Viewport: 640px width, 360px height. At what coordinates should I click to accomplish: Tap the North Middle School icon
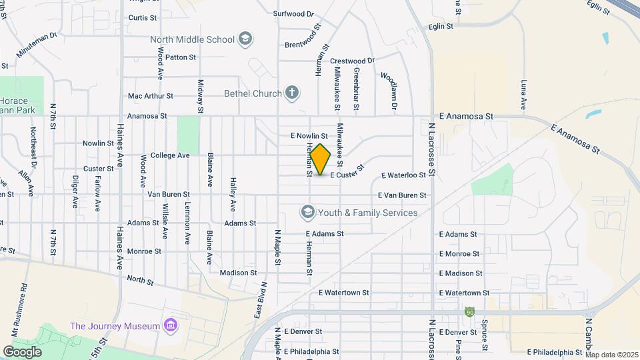[x=245, y=39]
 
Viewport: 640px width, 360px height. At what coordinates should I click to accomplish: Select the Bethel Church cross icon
[x=291, y=93]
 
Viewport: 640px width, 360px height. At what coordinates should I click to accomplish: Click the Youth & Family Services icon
[x=307, y=213]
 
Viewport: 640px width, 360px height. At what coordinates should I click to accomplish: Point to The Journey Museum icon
[x=172, y=326]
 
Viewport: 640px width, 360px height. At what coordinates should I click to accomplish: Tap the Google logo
[x=22, y=351]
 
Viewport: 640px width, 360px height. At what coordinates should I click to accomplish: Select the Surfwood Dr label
[x=293, y=13]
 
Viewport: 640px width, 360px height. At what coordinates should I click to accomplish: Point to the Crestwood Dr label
[x=353, y=60]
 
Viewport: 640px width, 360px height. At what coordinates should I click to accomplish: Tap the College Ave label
[x=170, y=155]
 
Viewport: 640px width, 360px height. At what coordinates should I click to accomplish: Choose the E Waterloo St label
[x=403, y=175]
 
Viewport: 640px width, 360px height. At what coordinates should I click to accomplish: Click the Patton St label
[x=180, y=57]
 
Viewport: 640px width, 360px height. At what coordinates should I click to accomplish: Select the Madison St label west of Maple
[x=238, y=273]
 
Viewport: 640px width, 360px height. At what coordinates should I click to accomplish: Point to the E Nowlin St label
[x=309, y=135]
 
